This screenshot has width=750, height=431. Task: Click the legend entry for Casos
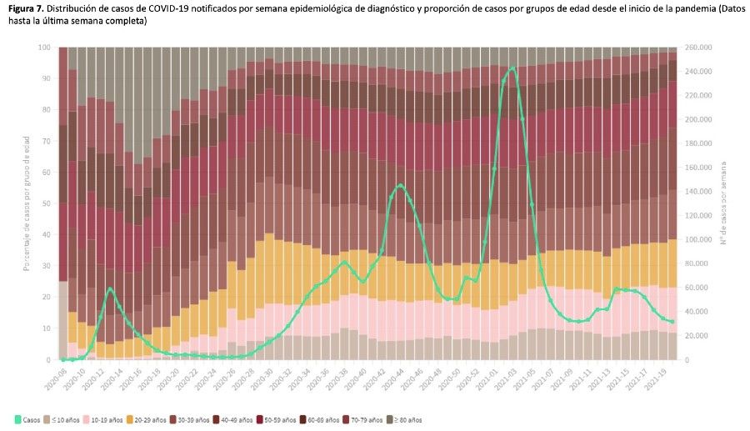[x=30, y=419]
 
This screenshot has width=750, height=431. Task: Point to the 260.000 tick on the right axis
[x=696, y=48]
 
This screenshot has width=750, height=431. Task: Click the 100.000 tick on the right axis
[x=696, y=240]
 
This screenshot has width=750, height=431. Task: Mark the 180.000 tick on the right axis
[x=696, y=143]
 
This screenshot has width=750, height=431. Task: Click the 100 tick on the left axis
[x=43, y=48]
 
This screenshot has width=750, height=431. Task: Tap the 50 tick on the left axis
[x=45, y=203]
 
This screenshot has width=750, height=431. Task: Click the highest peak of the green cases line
[x=512, y=68]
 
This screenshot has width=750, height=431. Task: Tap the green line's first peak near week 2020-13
[x=110, y=288]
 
